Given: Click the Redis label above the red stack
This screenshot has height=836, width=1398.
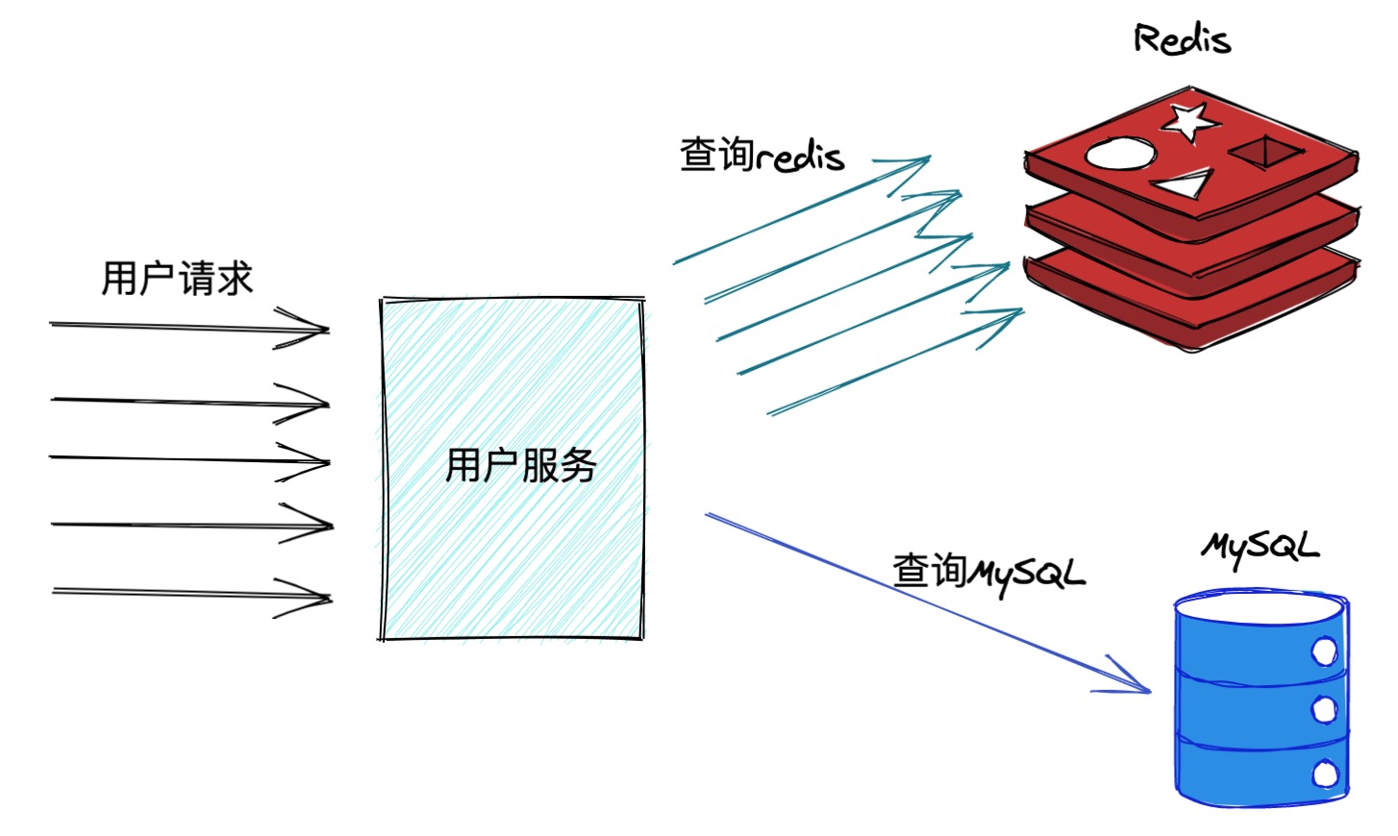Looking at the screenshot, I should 1182,39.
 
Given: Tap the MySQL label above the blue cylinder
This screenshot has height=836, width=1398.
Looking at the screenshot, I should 1260,548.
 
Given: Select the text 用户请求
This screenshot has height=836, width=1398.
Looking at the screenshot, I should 177,279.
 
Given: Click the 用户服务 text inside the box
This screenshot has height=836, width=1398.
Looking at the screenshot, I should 520,466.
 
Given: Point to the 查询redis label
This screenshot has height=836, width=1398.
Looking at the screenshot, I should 761,155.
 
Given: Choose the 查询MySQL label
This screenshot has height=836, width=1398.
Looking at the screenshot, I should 988,573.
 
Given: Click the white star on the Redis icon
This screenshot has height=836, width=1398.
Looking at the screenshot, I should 1189,120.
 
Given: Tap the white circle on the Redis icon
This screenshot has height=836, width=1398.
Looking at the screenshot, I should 1120,154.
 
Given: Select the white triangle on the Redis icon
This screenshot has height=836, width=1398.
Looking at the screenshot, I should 1184,183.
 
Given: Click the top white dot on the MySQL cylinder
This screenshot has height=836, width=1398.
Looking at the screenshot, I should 1325,652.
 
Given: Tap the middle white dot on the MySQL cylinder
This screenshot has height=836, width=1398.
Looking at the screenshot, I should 1325,709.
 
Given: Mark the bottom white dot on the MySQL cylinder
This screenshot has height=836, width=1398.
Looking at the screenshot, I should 1326,773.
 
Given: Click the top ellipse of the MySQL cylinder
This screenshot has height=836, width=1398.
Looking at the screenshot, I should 1260,609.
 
